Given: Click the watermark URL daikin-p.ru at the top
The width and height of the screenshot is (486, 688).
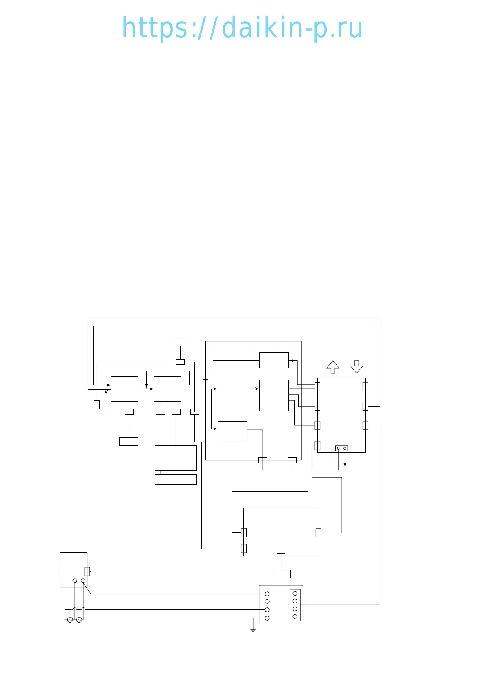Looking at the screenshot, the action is [x=242, y=28].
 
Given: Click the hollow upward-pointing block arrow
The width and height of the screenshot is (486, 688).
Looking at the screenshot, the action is [x=333, y=367].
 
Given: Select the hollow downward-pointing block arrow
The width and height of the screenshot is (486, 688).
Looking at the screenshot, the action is [x=357, y=367].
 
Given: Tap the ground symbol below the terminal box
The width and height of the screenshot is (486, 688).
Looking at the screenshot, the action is [x=253, y=630].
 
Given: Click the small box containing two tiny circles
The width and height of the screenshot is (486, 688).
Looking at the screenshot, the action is [x=341, y=448].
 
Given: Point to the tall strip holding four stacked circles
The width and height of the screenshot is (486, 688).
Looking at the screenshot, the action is [x=295, y=605].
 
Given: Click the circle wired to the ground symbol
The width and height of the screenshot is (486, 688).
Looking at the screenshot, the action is [x=267, y=618].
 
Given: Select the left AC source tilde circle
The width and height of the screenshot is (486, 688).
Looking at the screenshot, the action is [x=70, y=620].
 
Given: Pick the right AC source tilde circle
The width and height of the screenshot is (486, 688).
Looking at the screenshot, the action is [x=79, y=620].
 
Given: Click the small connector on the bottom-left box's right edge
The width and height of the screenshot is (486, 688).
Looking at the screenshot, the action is [x=87, y=571].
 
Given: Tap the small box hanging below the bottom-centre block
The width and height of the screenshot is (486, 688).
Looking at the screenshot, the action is [x=281, y=574].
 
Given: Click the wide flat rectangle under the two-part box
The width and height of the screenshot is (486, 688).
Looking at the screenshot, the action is [x=176, y=479].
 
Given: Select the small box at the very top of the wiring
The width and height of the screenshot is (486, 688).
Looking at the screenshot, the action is [x=180, y=342].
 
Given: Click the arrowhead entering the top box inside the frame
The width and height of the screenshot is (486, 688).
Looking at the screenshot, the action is [x=291, y=360].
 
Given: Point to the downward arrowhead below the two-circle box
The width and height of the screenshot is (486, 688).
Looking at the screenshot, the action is [x=345, y=465].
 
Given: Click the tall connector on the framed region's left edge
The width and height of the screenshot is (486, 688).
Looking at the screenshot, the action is [x=205, y=387].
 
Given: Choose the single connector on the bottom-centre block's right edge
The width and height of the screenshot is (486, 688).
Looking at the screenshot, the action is [x=319, y=533].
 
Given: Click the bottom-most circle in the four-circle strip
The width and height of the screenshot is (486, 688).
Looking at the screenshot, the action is [x=295, y=616].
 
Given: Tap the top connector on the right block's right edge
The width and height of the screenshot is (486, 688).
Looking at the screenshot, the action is [x=366, y=387].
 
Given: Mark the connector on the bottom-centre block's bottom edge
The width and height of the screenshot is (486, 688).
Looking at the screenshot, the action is [x=281, y=556].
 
